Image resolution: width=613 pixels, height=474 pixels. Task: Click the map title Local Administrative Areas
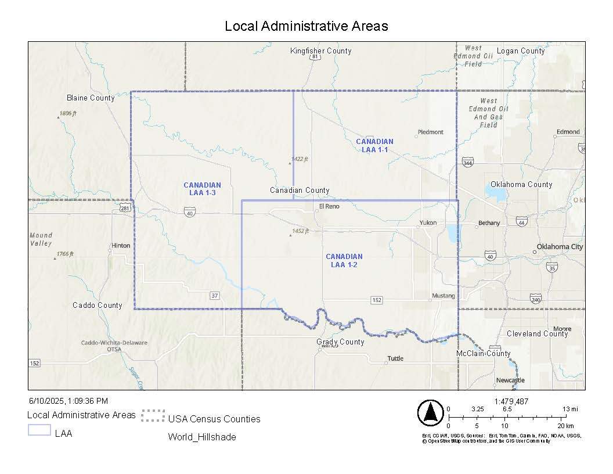[x=306, y=26]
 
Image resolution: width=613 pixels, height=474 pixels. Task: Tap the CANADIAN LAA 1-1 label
[x=374, y=146]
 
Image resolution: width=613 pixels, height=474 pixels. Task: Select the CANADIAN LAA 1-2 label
[x=344, y=260]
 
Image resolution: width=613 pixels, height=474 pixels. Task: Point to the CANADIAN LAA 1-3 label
[x=202, y=189]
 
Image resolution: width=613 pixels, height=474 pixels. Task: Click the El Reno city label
[x=329, y=206]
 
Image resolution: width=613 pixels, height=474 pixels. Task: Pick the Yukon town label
[x=428, y=223]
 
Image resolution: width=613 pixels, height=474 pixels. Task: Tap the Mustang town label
[x=443, y=296]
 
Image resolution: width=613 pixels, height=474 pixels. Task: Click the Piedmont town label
[x=430, y=132]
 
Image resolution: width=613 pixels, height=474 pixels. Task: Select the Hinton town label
[x=121, y=246]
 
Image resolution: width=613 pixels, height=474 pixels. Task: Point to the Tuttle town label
[x=395, y=358]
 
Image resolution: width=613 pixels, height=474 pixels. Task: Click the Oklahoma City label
[x=560, y=247]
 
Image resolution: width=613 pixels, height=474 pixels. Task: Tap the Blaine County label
[x=91, y=98]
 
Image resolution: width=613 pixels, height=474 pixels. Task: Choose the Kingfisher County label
[x=320, y=51]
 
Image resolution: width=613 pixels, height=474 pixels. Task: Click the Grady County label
[x=340, y=342]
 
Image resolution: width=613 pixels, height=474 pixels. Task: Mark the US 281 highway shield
[x=125, y=207]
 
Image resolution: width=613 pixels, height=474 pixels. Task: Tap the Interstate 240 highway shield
[x=535, y=298]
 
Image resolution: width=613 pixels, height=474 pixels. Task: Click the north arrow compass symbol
[x=430, y=412]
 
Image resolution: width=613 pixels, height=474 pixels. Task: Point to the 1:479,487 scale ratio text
[x=511, y=401]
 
